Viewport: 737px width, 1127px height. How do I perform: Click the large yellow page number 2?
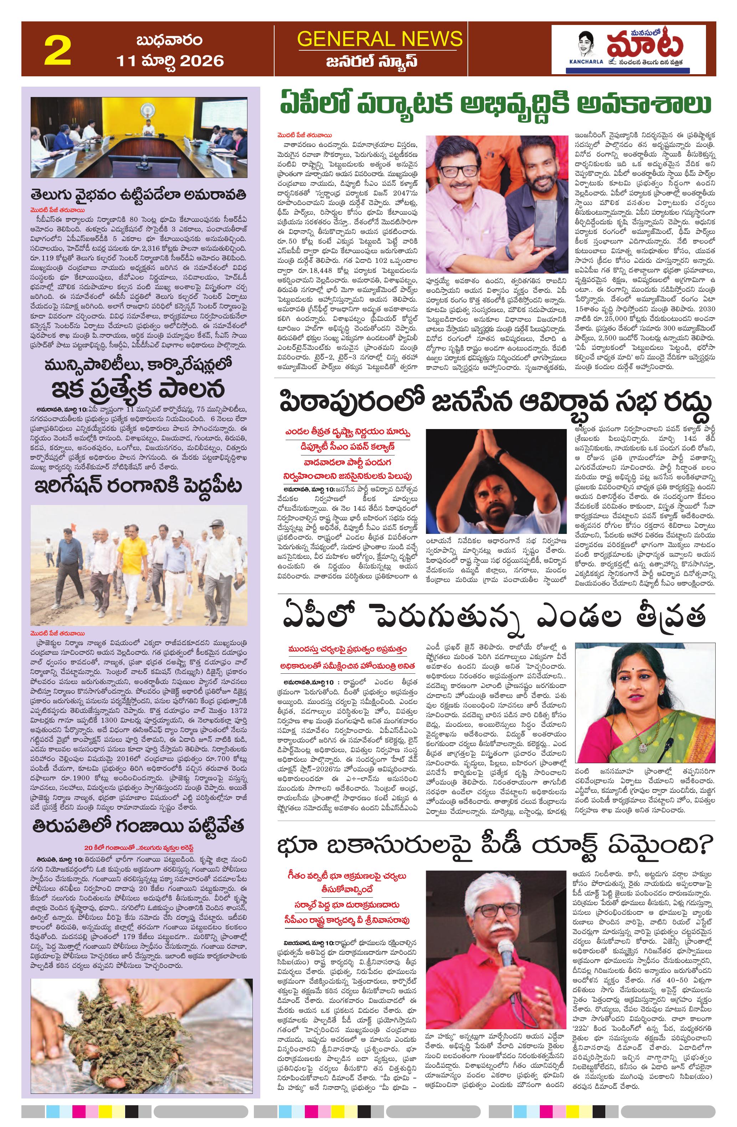click(57, 51)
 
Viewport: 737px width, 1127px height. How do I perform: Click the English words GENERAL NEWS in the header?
click(380, 39)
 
